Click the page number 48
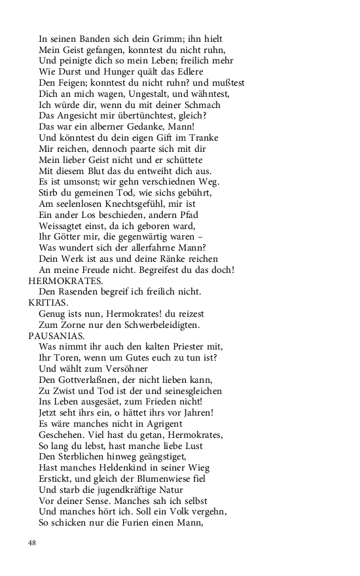33,543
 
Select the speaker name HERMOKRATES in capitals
65,280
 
